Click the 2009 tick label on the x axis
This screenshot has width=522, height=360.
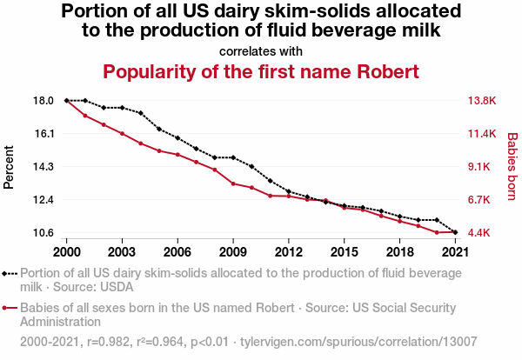[233, 251]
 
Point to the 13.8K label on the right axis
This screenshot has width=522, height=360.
[483, 101]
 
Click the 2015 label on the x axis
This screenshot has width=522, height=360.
[345, 251]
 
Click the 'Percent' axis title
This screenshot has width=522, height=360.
[10, 166]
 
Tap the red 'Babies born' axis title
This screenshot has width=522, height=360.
[512, 166]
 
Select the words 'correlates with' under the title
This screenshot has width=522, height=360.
[261, 50]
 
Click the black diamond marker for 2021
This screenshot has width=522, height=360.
[456, 232]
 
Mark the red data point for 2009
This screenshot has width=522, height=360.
[233, 183]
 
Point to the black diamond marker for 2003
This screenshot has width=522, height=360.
[122, 108]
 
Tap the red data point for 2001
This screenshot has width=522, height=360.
[85, 116]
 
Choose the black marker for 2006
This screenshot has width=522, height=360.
[177, 138]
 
